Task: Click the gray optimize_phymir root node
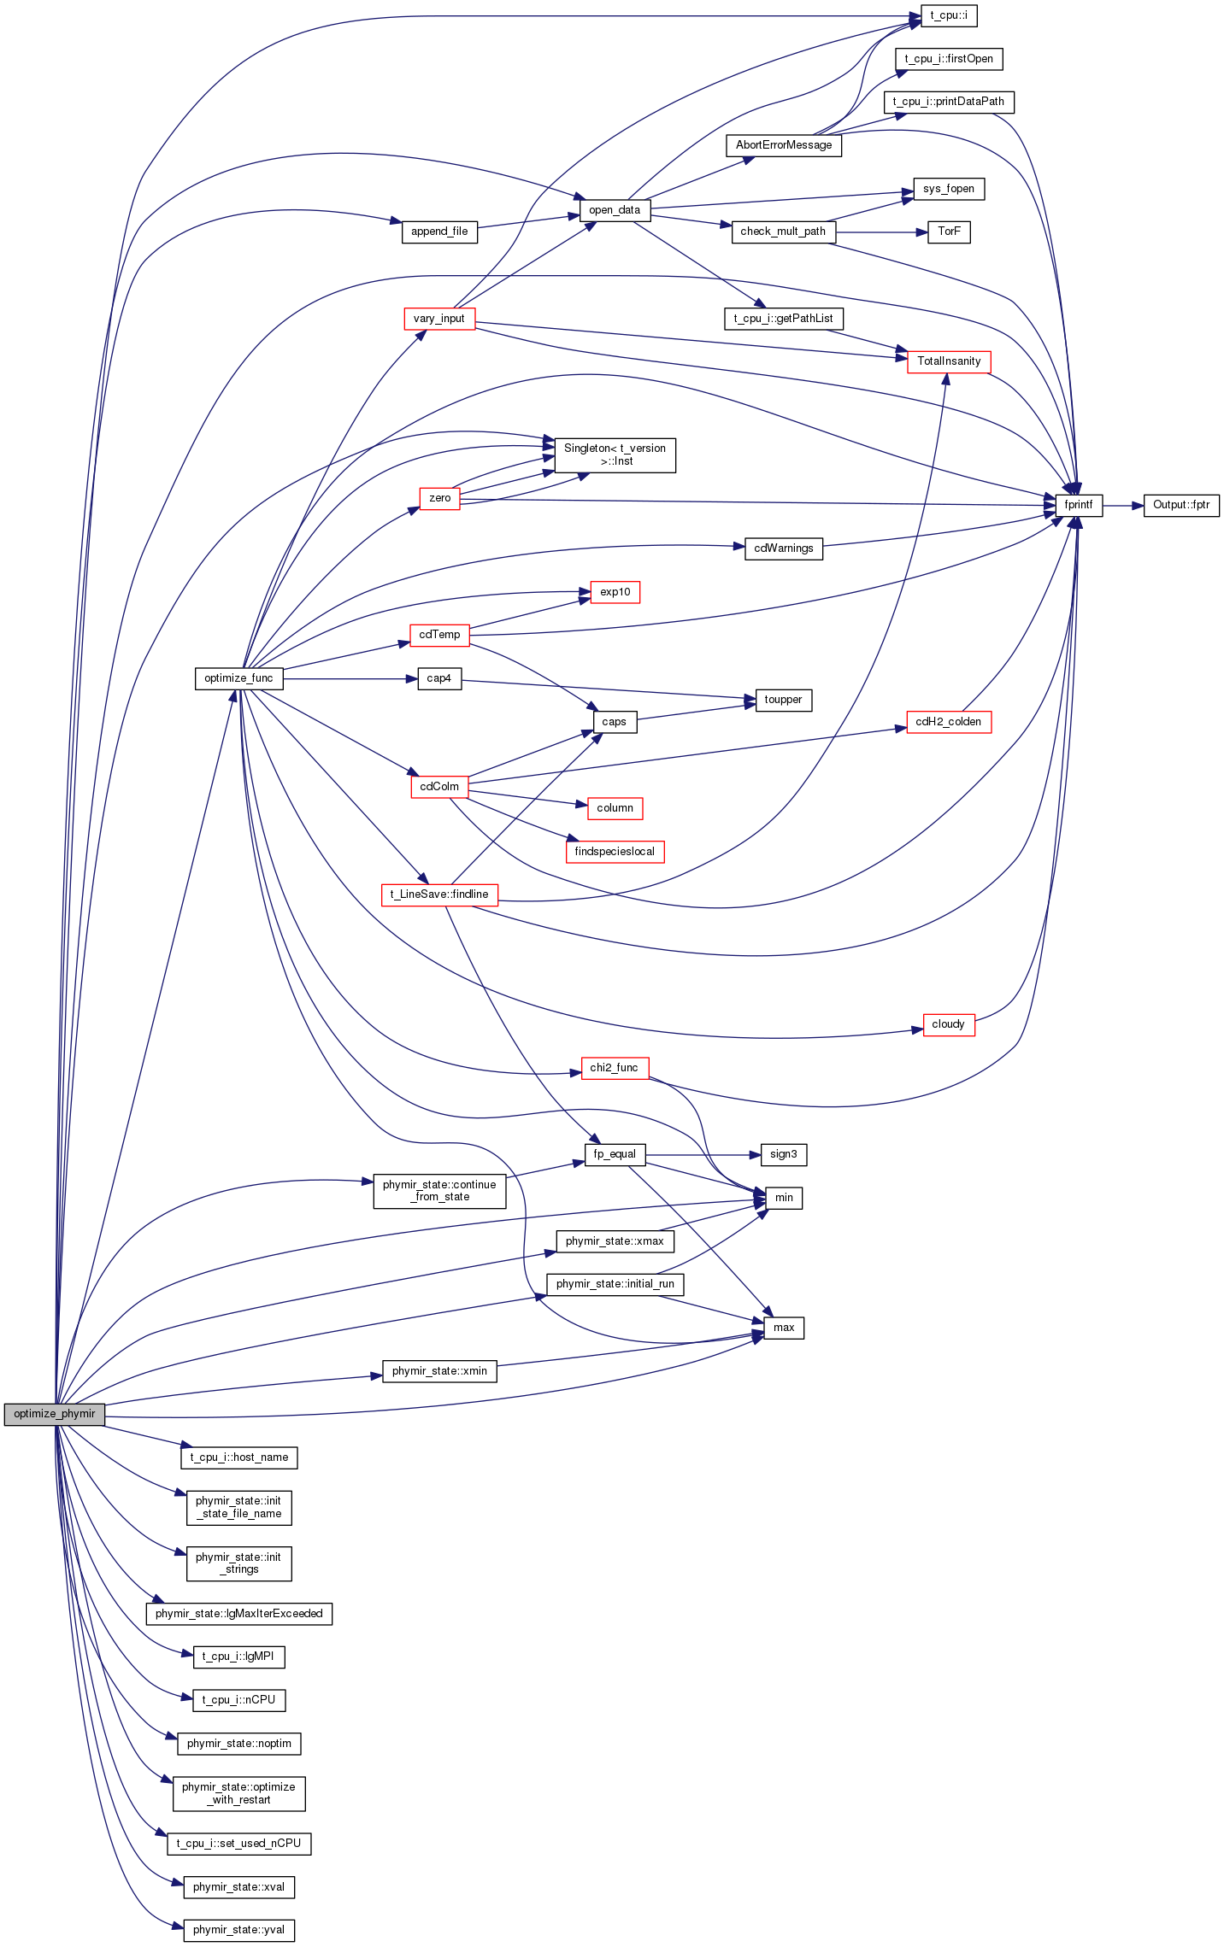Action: click(55, 1414)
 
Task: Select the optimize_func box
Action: click(238, 678)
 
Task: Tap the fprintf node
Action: click(1079, 505)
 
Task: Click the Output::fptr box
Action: click(1181, 505)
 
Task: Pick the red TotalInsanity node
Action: click(949, 361)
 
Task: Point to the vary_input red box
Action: click(439, 319)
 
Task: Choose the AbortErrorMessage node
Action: click(784, 145)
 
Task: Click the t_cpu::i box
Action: click(949, 15)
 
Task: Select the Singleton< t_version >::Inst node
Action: click(615, 454)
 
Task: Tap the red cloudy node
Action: click(948, 1024)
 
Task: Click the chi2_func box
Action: click(615, 1068)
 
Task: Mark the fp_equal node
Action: click(615, 1154)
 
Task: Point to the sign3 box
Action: click(784, 1154)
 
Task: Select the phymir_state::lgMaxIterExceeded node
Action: click(239, 1614)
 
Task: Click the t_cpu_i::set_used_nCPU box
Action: click(239, 1844)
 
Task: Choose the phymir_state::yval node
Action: click(239, 1930)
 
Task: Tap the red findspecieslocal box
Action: click(615, 852)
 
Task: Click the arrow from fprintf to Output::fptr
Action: click(1122, 506)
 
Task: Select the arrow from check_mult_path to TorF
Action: click(881, 232)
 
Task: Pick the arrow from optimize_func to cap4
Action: click(350, 679)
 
